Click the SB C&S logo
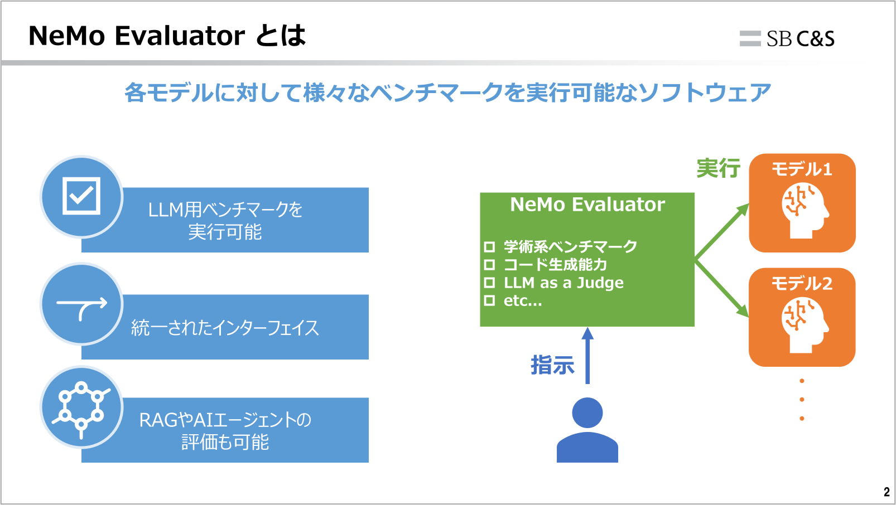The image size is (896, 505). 787,38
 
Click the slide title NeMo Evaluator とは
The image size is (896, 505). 167,36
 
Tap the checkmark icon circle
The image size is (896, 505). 81,196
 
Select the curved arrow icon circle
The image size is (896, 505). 81,304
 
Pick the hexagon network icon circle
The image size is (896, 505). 81,407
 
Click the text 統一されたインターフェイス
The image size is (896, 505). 225,328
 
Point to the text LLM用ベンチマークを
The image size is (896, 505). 225,210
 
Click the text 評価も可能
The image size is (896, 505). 225,443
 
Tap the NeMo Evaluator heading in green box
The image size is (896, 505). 587,205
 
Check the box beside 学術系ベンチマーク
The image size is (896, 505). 489,246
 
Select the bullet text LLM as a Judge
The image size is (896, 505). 563,283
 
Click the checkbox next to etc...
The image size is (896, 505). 489,300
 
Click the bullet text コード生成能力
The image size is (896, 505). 555,264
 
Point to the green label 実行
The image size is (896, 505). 718,168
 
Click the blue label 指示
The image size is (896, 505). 552,366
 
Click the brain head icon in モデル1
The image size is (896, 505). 804,211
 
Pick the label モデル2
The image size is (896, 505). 802,284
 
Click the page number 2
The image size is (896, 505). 887,492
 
